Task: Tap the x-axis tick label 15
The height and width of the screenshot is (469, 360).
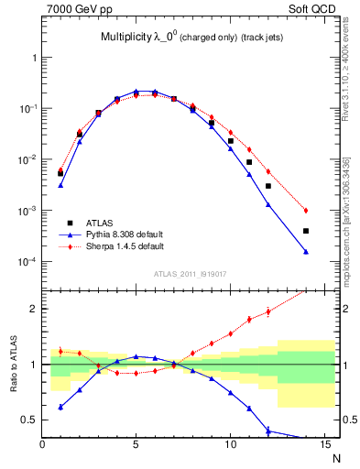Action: [324, 445]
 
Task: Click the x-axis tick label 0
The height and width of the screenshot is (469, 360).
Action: [42, 445]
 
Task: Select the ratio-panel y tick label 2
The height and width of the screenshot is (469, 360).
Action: [34, 309]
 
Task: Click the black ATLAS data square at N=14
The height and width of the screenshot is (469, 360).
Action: [306, 231]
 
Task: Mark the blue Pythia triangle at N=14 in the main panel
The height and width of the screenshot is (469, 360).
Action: [306, 252]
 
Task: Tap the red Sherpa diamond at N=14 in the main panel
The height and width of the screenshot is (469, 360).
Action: [306, 211]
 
